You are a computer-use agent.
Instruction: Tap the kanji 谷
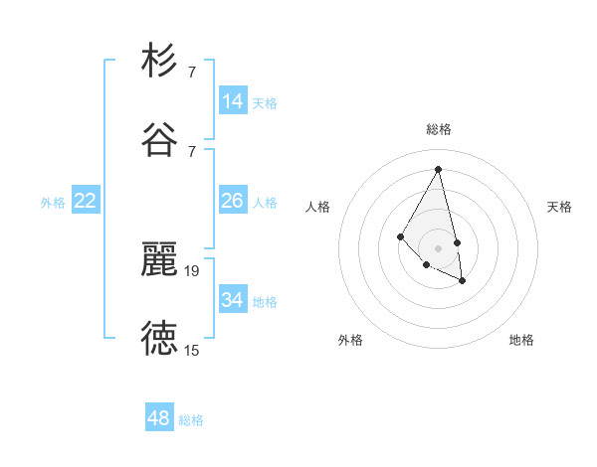[x=159, y=140]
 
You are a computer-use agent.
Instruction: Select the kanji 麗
[x=159, y=259]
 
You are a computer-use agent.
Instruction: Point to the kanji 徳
[x=159, y=339]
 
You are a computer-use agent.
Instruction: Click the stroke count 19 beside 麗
[x=192, y=270]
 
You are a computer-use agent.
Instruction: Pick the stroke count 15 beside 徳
[x=192, y=350]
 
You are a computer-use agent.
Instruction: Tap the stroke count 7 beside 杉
[x=192, y=72]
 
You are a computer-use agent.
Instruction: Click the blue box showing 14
[x=233, y=101]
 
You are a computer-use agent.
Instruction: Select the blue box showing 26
[x=233, y=201]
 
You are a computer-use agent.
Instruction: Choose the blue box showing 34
[x=233, y=300]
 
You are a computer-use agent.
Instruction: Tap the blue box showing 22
[x=86, y=201]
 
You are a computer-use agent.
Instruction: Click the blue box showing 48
[x=159, y=418]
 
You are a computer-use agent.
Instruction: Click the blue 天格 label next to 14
[x=265, y=102]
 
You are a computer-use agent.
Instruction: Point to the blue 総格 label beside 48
[x=191, y=420]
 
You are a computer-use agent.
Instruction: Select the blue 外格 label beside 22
[x=53, y=203]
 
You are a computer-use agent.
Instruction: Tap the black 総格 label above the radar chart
[x=439, y=129]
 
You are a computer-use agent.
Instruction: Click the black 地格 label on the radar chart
[x=521, y=340]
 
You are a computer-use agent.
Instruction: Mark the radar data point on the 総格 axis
[x=439, y=168]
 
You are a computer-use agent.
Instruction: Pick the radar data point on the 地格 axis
[x=463, y=281]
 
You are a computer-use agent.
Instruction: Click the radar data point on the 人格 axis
[x=400, y=235]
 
